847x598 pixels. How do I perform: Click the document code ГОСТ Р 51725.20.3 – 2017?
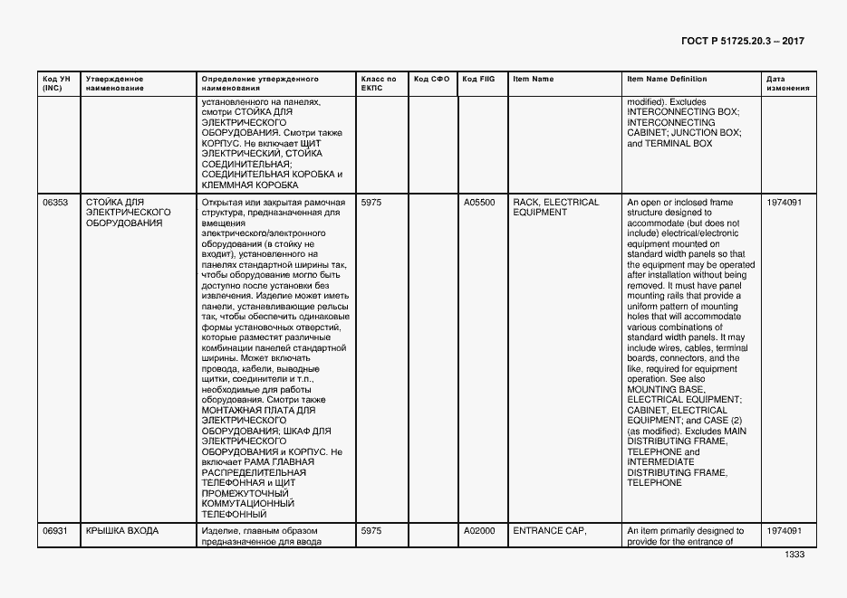tap(742, 41)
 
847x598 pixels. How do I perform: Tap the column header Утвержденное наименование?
tap(115, 84)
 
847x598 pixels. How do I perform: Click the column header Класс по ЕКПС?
tap(378, 84)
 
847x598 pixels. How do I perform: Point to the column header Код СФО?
tap(431, 80)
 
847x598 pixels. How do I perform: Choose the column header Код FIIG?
tap(478, 80)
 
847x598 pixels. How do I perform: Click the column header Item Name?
tap(533, 80)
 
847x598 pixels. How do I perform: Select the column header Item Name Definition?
tap(667, 80)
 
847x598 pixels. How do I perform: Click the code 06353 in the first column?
tap(55, 203)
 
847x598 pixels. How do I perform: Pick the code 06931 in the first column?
tap(55, 531)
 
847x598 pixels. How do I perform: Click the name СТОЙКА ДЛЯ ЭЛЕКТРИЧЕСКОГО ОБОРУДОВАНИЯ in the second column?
tap(129, 213)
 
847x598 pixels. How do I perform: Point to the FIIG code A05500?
tap(479, 203)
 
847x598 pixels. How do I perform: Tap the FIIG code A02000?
tap(479, 531)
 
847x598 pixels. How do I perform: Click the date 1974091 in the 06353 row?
tap(784, 203)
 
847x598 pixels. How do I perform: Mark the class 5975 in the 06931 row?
tap(371, 531)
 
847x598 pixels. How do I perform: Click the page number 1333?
tap(794, 554)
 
